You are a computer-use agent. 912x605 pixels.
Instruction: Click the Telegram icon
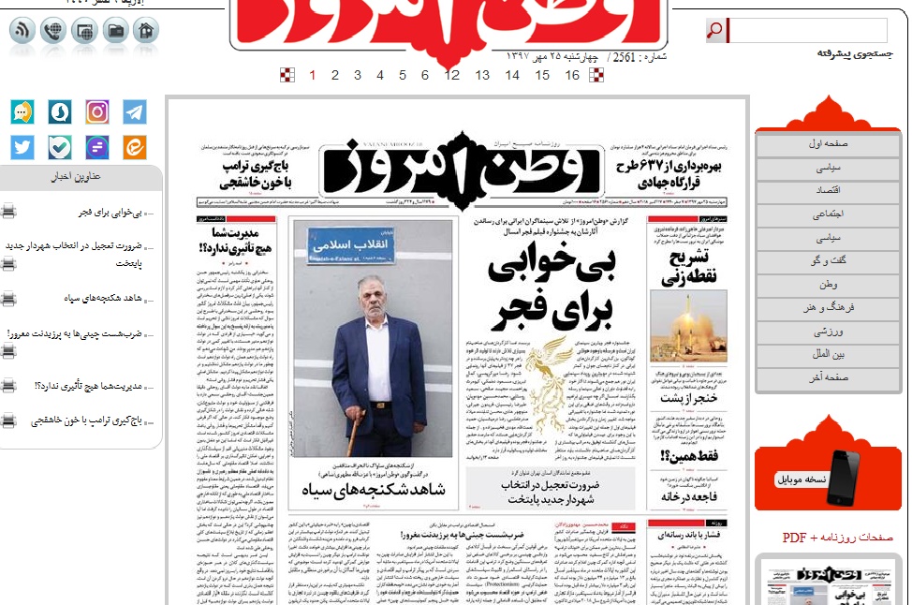[135, 112]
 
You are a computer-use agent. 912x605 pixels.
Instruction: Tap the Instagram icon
[97, 112]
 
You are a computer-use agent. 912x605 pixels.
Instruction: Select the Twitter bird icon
[22, 147]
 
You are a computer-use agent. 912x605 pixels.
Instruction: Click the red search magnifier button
[715, 31]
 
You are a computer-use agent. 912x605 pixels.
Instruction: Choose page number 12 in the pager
[452, 75]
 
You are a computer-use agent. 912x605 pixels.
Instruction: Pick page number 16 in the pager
[572, 75]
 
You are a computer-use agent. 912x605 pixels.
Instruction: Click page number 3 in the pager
[358, 75]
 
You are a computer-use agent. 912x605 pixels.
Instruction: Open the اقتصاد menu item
[828, 190]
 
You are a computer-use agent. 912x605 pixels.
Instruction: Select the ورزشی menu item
[828, 331]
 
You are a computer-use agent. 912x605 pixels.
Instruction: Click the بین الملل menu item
[828, 354]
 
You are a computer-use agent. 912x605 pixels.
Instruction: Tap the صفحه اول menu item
[828, 144]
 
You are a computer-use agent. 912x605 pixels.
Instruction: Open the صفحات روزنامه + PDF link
[837, 538]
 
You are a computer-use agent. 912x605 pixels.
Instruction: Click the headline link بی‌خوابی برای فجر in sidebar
[110, 213]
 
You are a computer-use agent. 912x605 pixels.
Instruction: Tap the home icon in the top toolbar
[145, 31]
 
